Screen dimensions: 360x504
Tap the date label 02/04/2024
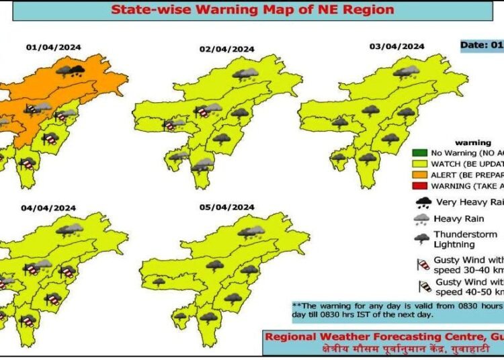point(226,49)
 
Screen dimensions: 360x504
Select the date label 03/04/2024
point(397,46)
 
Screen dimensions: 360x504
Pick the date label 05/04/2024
point(226,206)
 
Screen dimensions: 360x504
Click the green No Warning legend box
point(420,153)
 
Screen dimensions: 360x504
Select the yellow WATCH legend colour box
point(420,164)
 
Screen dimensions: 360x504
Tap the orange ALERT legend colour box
point(420,175)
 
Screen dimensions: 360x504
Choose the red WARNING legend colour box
point(420,186)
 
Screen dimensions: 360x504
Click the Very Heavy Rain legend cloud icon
point(423,202)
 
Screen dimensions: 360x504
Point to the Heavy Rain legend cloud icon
point(423,219)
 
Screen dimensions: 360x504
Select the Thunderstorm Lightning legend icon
point(423,239)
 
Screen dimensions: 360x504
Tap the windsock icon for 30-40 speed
point(423,264)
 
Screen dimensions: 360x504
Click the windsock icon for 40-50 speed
point(425,287)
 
